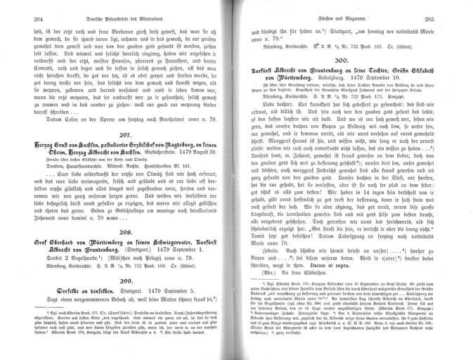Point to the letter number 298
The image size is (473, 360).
point(123,212)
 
